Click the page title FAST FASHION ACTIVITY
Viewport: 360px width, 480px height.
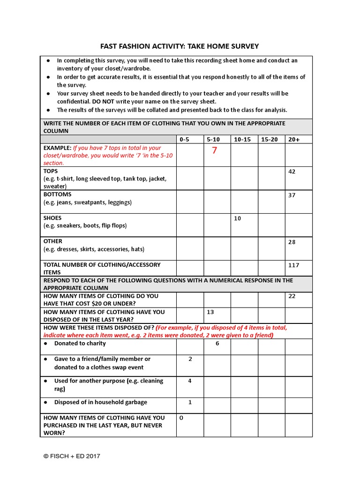(180, 46)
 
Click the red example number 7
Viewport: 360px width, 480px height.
(214, 150)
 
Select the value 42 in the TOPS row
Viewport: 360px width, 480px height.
(292, 172)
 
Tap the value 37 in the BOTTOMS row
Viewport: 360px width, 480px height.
(292, 195)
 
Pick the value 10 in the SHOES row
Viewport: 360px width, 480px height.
(237, 218)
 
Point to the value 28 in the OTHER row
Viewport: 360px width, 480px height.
(292, 241)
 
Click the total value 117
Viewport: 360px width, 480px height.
(293, 265)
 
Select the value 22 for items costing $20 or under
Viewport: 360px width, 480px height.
(292, 296)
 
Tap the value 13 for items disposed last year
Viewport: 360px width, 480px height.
(210, 312)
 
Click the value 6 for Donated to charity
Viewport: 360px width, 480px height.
(217, 343)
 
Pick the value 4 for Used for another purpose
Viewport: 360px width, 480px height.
(190, 381)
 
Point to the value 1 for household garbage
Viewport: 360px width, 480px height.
(190, 402)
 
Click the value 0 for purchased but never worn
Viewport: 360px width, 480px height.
(181, 418)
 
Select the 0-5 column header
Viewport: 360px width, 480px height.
(185, 139)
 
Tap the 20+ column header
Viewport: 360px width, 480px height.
(294, 139)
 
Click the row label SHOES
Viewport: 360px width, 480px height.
(52, 218)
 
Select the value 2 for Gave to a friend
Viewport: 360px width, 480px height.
(190, 359)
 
